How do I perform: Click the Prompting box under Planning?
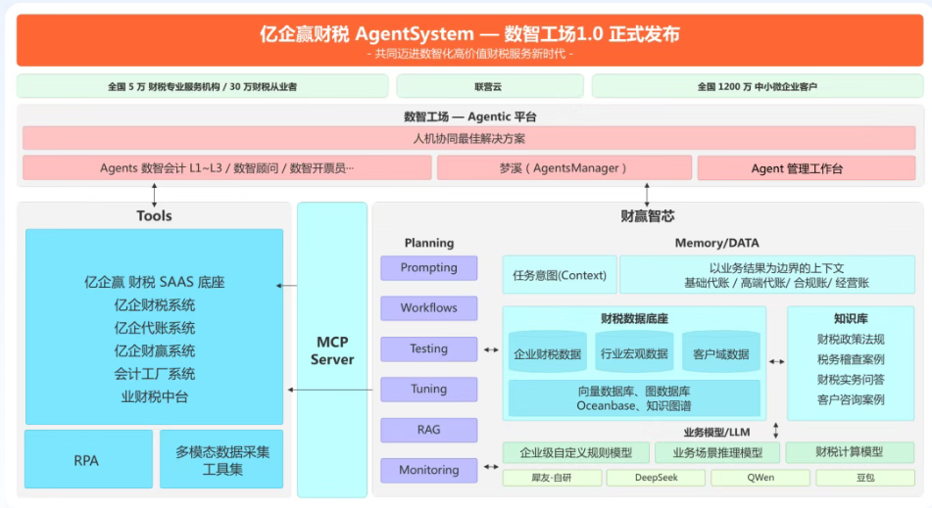(428, 267)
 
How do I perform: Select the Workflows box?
(428, 308)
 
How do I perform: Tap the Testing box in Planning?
(428, 349)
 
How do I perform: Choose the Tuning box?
(428, 390)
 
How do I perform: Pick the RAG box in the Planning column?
(428, 430)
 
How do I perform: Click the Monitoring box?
(428, 470)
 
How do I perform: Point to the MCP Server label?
(332, 350)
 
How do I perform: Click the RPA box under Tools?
(88, 459)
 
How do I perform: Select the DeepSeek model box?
(656, 478)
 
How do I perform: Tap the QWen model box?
(760, 478)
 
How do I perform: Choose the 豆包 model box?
(864, 478)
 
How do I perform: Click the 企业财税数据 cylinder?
(548, 352)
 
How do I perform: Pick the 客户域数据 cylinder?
(721, 352)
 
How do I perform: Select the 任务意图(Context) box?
(560, 275)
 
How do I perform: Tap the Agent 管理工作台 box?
(806, 168)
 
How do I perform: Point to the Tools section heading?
(154, 215)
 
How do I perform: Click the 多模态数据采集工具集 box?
(221, 459)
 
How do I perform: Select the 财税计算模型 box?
(850, 452)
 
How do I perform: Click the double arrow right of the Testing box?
(491, 350)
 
